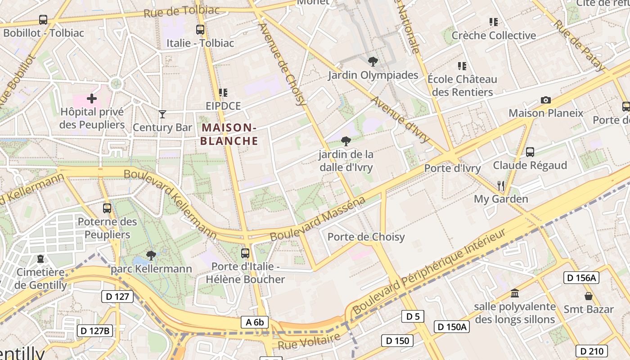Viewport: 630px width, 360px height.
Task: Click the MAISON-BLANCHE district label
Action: [x=229, y=135]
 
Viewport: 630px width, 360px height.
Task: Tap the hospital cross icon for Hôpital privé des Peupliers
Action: [x=92, y=98]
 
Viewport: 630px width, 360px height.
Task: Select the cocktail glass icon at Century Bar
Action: [x=162, y=114]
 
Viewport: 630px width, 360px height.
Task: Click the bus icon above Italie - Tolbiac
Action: [x=200, y=30]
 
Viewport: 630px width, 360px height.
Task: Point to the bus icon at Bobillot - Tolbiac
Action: [x=43, y=20]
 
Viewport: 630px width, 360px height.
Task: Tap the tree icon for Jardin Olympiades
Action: [x=373, y=62]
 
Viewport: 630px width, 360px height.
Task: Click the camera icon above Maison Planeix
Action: [x=545, y=100]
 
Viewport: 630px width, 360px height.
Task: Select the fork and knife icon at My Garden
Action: [x=500, y=185]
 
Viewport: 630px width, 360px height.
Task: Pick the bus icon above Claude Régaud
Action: [x=530, y=152]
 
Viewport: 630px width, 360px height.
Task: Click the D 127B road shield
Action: [x=95, y=331]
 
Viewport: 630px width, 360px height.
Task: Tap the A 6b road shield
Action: [x=255, y=322]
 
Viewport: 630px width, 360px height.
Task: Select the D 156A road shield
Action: [x=581, y=278]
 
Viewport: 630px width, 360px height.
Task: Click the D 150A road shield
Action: [x=452, y=326]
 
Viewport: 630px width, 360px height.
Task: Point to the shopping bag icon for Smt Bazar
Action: [x=588, y=296]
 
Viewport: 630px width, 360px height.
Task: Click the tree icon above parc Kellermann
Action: [x=151, y=256]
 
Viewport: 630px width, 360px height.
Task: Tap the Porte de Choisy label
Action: [x=366, y=237]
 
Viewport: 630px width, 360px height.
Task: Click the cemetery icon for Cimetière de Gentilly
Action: [x=40, y=259]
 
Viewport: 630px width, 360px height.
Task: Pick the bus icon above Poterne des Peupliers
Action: [x=107, y=208]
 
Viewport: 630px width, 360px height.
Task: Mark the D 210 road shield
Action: [x=591, y=351]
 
